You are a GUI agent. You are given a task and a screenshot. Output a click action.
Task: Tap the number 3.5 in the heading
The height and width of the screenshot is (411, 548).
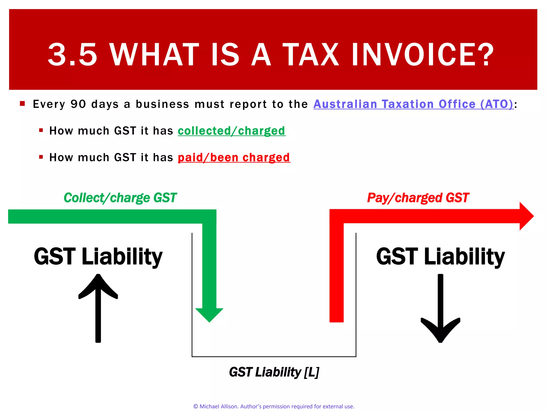[x=72, y=55]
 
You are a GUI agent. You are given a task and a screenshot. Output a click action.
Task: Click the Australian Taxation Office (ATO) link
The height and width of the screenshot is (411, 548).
[x=413, y=104]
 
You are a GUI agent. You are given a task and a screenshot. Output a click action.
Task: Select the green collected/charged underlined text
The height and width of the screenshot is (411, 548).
[x=231, y=131]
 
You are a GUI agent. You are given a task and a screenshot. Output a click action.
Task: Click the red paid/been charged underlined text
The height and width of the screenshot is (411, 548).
[x=234, y=157]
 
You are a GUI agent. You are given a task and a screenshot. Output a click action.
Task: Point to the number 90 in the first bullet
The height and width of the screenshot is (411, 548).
[x=78, y=104]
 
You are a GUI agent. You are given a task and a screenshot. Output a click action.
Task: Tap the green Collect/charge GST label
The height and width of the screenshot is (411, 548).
[x=120, y=198]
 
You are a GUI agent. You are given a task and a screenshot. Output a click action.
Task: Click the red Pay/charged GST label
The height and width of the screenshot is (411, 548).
[x=418, y=198]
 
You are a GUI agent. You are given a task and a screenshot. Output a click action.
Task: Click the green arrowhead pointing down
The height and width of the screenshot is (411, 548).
[x=209, y=314]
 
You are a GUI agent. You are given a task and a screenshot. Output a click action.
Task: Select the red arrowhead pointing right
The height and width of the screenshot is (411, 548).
[x=526, y=216]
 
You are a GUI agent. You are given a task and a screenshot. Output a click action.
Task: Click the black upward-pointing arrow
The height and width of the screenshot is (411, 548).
[x=98, y=308]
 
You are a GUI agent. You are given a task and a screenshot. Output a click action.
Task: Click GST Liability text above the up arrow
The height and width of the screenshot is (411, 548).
[x=98, y=256]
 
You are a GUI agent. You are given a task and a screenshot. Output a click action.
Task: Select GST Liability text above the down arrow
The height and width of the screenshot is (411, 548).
[x=440, y=256]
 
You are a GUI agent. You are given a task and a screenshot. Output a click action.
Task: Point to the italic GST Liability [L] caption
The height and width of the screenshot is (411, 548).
[x=274, y=372]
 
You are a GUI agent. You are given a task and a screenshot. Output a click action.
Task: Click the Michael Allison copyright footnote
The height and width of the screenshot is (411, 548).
[x=274, y=406]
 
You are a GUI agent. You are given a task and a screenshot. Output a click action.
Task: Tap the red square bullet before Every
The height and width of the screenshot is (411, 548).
[x=22, y=104]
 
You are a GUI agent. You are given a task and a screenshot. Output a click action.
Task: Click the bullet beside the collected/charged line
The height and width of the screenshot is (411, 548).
[x=41, y=130]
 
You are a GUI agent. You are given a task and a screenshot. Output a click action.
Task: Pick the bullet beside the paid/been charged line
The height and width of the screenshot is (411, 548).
[x=41, y=157]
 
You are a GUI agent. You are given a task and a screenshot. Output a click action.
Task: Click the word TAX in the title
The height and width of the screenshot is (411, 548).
[x=311, y=55]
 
